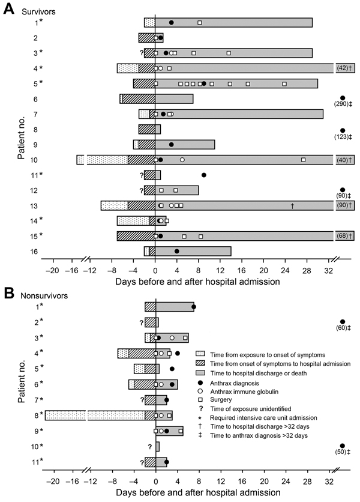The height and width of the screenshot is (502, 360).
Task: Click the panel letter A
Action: (8, 9)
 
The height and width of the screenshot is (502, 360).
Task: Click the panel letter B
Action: (8, 293)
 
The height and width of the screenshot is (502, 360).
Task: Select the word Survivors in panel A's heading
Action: (38, 11)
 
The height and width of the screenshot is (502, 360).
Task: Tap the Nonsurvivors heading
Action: (44, 295)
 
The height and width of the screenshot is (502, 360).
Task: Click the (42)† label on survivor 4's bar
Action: (344, 68)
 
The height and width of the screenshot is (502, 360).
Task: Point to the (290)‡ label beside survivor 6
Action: (343, 104)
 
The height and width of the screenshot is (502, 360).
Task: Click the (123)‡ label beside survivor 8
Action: (343, 137)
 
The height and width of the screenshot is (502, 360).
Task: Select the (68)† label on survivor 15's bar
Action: (344, 236)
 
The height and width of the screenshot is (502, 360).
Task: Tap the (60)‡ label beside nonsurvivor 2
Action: (343, 328)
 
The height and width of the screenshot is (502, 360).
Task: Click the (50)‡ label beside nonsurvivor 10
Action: (343, 452)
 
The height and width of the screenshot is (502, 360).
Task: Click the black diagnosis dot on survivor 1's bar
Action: (172, 22)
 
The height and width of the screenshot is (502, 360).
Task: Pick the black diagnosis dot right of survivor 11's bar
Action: (204, 175)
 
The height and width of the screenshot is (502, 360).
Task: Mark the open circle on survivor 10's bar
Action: (182, 160)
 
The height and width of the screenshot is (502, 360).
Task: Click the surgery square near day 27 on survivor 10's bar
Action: (303, 160)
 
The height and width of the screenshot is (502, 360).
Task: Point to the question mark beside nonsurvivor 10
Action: (149, 447)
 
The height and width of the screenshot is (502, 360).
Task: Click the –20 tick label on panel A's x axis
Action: (52, 271)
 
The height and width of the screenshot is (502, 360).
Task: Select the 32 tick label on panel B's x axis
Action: (329, 482)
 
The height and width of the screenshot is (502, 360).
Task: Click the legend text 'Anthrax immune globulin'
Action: (244, 392)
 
